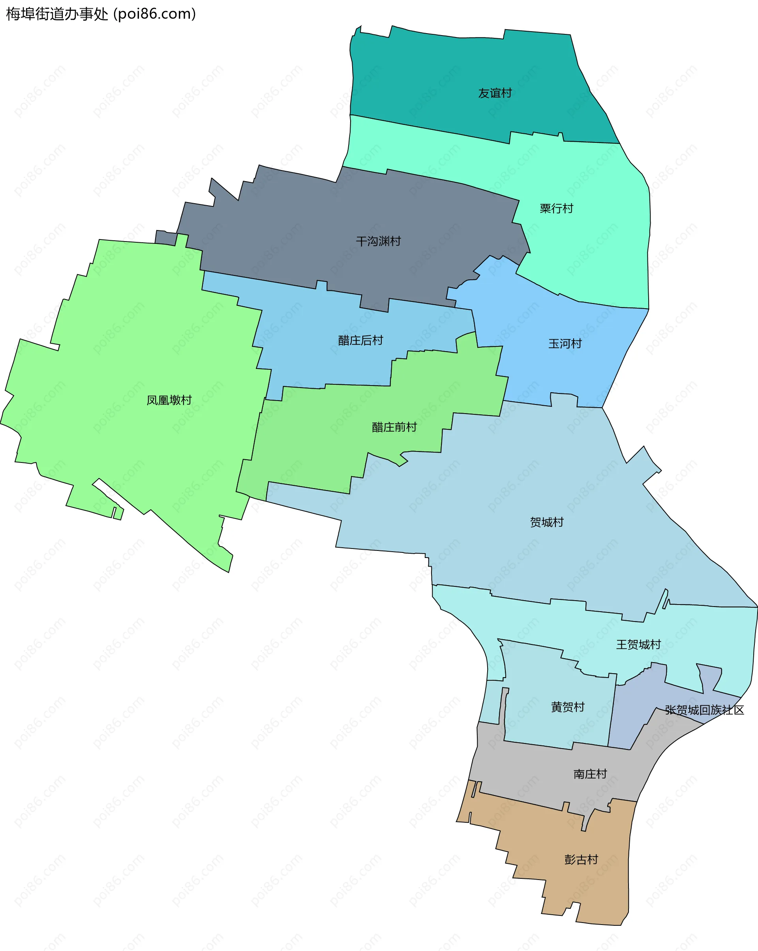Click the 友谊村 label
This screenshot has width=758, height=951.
click(495, 93)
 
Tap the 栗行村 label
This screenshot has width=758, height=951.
click(556, 208)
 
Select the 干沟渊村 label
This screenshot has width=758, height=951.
click(378, 241)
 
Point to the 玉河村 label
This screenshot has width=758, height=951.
click(565, 344)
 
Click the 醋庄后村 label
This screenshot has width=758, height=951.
click(360, 340)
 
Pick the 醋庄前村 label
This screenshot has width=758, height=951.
click(394, 427)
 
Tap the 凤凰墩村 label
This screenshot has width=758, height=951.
click(169, 400)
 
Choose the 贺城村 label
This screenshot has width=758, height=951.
click(547, 522)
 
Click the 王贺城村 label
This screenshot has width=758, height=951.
click(638, 645)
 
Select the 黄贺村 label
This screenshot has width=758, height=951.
click(567, 707)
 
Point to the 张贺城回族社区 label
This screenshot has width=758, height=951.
click(704, 710)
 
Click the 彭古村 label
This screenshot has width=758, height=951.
click(581, 859)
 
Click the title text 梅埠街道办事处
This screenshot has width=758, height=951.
click(57, 14)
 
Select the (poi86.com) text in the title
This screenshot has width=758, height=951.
click(155, 14)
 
